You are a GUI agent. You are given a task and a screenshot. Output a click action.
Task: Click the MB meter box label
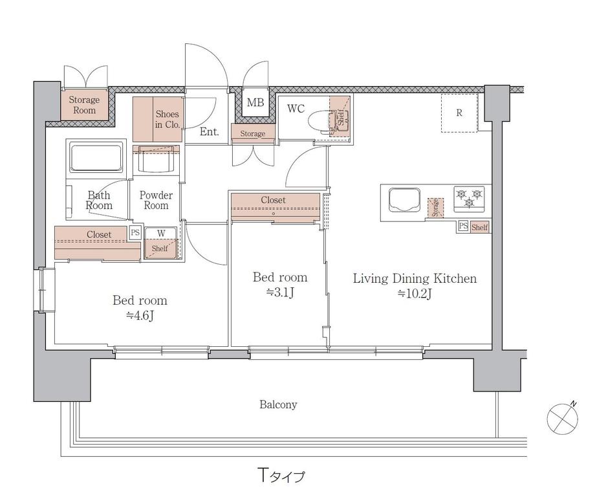tap(255, 102)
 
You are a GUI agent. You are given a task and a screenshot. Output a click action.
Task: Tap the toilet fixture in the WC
tap(322, 122)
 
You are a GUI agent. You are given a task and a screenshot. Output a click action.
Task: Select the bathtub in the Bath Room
tap(96, 157)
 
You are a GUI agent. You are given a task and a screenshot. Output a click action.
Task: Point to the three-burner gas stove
tap(470, 199)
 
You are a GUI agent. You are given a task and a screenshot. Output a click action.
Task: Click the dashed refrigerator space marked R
tap(459, 113)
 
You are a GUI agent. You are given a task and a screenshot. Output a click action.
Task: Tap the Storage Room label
tap(84, 105)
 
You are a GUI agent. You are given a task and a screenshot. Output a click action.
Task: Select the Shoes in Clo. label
tap(168, 119)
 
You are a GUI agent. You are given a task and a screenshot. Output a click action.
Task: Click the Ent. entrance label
tap(210, 132)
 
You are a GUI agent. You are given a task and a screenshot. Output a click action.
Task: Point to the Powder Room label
tap(156, 201)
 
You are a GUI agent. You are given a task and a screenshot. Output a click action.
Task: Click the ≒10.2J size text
tap(415, 294)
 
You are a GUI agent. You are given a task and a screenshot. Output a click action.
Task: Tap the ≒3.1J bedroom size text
tap(280, 293)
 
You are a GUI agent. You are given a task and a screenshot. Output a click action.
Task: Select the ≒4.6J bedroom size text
tap(140, 316)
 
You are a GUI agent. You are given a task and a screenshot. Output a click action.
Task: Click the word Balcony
tap(278, 404)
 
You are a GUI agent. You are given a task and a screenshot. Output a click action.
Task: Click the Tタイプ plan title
tap(281, 475)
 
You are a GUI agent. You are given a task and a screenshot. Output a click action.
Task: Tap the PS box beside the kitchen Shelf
tap(463, 226)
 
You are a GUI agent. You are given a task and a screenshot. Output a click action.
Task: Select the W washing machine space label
tap(161, 234)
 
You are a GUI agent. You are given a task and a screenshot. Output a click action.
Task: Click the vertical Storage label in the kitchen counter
tap(435, 207)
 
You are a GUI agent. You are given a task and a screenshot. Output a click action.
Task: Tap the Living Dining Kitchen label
tap(415, 278)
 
